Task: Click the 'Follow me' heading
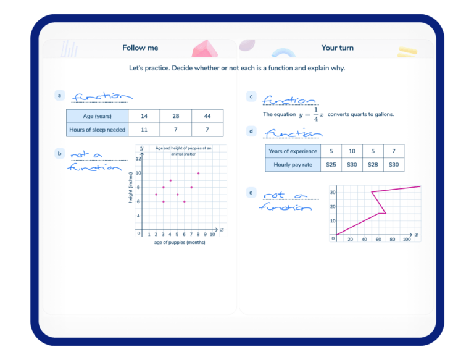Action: [x=140, y=48]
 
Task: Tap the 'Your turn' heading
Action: [x=337, y=48]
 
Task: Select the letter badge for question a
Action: [x=59, y=95]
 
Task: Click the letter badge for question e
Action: [x=251, y=193]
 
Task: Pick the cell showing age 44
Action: [x=207, y=116]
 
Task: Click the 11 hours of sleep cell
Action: [x=144, y=130]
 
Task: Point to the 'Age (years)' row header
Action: [x=97, y=116]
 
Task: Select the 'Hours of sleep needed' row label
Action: [x=97, y=130]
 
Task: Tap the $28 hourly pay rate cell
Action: [x=373, y=164]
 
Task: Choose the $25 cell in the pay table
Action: [x=331, y=164]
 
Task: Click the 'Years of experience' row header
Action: [x=293, y=151]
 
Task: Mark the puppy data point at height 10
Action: [x=198, y=174]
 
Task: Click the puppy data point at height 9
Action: [x=170, y=180]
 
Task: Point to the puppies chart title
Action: [x=183, y=151]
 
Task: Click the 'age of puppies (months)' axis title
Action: [x=180, y=242]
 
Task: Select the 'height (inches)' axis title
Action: [x=131, y=187]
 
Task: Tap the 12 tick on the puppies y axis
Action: [x=138, y=159]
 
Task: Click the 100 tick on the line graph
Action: [x=406, y=240]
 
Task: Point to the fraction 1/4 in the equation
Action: [x=315, y=114]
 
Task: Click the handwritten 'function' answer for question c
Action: [x=289, y=101]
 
